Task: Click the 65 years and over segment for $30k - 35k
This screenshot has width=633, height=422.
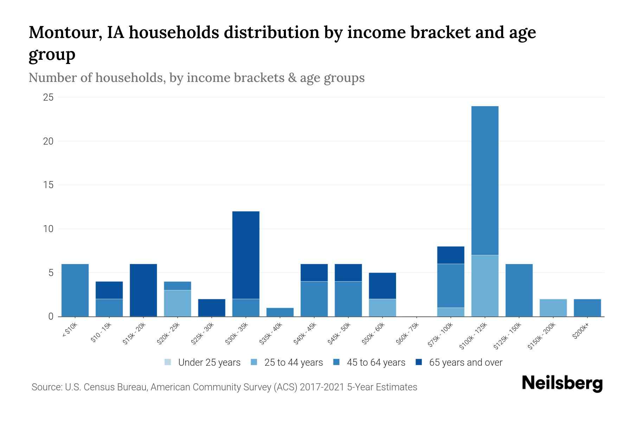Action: pyautogui.click(x=246, y=255)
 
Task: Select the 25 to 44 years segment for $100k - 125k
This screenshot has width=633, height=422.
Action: pyautogui.click(x=485, y=286)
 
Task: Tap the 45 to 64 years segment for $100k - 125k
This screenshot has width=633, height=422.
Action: pyautogui.click(x=485, y=180)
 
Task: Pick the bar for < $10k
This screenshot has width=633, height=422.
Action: pyautogui.click(x=75, y=290)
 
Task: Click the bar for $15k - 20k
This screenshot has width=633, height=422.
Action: pyautogui.click(x=143, y=290)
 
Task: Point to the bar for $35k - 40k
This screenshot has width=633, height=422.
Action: pyautogui.click(x=280, y=312)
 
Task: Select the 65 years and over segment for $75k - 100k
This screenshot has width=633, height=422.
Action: pyautogui.click(x=451, y=255)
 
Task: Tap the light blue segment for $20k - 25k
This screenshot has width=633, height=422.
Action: pyautogui.click(x=178, y=303)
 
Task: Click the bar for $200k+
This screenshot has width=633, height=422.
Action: pyautogui.click(x=587, y=308)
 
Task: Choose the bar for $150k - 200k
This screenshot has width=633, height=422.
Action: pyautogui.click(x=553, y=308)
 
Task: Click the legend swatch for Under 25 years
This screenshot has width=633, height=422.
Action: pyautogui.click(x=168, y=362)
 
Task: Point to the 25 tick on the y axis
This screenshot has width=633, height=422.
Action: pyautogui.click(x=48, y=97)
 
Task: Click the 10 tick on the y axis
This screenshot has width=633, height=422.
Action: pyautogui.click(x=48, y=229)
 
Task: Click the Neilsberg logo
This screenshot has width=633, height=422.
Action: pyautogui.click(x=562, y=383)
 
